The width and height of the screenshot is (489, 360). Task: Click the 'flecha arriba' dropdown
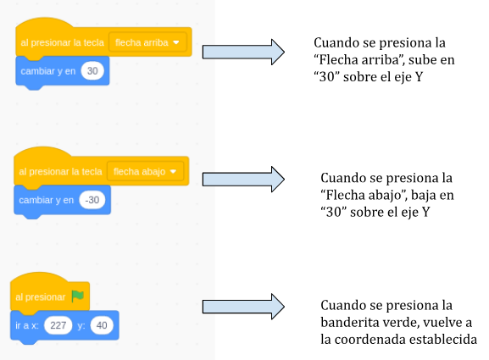coord(147,42)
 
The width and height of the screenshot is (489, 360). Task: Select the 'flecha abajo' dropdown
coord(145,171)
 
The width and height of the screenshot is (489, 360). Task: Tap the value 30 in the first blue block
coord(92,71)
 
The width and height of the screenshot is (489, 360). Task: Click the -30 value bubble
coord(92,200)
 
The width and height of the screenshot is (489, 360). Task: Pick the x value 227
coord(58,325)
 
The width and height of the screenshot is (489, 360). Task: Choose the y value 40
coord(102,325)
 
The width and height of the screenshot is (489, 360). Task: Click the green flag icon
coord(77,296)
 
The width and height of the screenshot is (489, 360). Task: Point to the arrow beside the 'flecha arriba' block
coord(243,52)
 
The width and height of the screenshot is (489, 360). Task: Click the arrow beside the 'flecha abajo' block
coord(243,180)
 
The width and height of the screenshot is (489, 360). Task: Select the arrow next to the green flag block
coord(243,307)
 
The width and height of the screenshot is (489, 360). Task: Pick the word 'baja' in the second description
coord(423,196)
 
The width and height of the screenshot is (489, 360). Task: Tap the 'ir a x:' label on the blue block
coord(27,325)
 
